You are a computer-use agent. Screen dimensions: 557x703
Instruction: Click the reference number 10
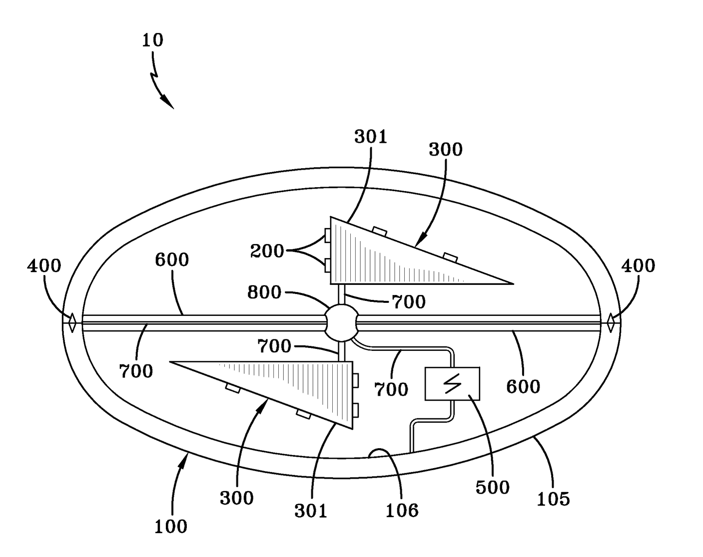point(153,40)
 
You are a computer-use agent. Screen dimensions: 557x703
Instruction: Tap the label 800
point(264,292)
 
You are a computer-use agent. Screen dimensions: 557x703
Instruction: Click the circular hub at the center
point(341,322)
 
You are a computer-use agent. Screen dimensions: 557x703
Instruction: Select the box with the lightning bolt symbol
point(452,384)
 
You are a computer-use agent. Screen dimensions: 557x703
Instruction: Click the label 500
point(492,487)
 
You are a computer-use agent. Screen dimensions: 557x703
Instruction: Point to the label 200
point(267,251)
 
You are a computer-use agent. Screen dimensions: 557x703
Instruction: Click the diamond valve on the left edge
point(72,322)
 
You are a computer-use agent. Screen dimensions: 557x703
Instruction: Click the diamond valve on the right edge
point(611,322)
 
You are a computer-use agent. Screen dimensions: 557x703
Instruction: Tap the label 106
point(402,510)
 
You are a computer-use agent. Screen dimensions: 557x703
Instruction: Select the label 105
point(553,499)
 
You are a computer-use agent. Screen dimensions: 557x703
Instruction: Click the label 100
point(171,527)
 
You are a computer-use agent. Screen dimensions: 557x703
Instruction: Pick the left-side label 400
point(44,266)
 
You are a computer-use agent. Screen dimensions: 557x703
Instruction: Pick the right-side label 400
point(638,265)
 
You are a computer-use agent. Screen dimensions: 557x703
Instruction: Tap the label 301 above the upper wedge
point(371,138)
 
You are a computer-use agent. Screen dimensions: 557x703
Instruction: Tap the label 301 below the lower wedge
point(311,510)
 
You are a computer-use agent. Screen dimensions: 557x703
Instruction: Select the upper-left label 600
point(172,260)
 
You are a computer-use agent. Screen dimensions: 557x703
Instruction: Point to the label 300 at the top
point(445,150)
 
